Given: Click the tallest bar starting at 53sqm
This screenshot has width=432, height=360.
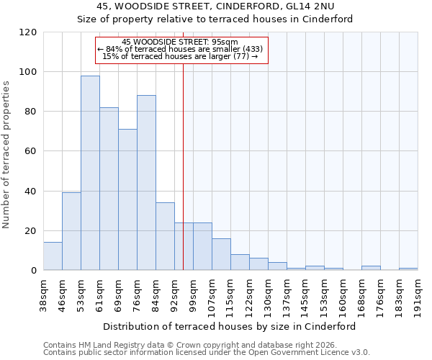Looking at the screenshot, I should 90,173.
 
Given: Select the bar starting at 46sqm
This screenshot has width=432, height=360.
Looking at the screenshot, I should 71,231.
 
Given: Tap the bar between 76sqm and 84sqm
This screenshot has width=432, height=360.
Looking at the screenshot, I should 146,183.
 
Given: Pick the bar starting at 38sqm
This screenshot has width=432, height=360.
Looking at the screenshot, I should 53,256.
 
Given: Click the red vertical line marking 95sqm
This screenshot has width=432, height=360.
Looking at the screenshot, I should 183,144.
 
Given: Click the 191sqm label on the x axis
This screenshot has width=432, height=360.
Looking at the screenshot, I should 418,293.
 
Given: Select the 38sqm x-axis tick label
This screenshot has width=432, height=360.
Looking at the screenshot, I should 43,293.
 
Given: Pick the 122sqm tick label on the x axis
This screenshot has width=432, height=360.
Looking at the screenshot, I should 249,293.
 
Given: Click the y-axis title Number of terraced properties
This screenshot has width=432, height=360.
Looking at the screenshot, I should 7,155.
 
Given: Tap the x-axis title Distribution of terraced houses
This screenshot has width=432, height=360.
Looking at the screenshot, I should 230,326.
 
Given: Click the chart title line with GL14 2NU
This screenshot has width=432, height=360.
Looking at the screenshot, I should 215,6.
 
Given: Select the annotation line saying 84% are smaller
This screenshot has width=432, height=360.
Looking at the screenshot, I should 180,49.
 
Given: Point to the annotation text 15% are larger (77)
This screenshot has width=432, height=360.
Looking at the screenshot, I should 180,56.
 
